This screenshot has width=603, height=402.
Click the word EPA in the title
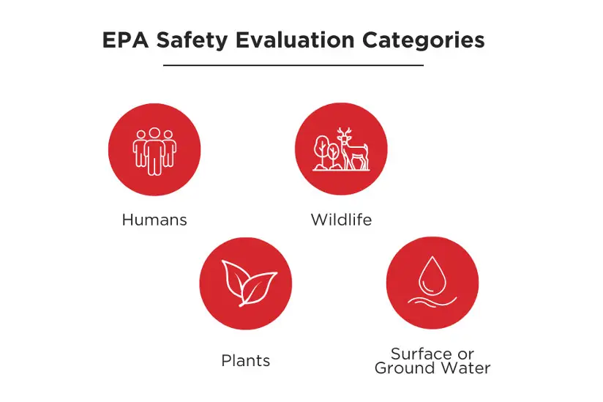click(x=125, y=40)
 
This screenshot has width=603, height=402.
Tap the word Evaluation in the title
click(x=295, y=40)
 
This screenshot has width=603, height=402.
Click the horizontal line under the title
click(x=293, y=65)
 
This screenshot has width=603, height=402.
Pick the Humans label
click(x=154, y=220)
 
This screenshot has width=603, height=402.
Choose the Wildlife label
click(x=341, y=220)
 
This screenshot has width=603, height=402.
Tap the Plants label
click(x=245, y=360)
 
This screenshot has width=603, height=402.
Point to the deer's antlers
click(x=344, y=133)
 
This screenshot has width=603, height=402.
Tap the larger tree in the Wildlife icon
click(x=321, y=151)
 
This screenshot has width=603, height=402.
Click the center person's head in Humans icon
click(x=154, y=133)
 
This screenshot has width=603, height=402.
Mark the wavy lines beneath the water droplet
click(x=432, y=301)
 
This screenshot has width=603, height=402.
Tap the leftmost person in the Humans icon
click(x=140, y=149)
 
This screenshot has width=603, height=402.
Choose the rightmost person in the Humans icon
click(x=169, y=149)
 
